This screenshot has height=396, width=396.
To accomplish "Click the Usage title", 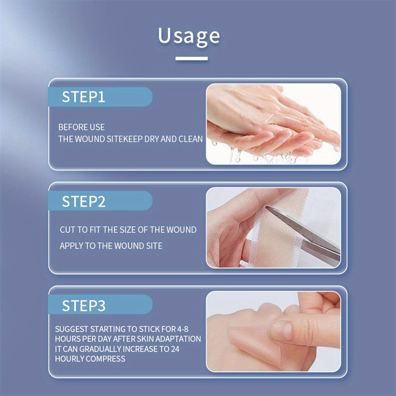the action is [x=189, y=37].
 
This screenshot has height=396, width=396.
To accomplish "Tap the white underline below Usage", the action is [x=191, y=59].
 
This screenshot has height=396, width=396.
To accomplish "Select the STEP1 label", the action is [x=84, y=97].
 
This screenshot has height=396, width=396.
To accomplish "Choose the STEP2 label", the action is [x=84, y=201].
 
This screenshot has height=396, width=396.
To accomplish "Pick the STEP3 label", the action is [x=84, y=306].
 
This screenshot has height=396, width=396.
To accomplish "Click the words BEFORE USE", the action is [x=81, y=127].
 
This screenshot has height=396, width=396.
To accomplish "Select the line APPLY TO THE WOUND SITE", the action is [x=111, y=246].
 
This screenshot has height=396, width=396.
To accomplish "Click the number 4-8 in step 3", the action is [x=183, y=329].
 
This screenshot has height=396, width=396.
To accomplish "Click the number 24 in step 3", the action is [x=175, y=349].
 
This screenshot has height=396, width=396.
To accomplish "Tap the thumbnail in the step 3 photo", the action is [x=281, y=329].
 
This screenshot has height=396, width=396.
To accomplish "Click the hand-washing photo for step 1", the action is [x=273, y=124].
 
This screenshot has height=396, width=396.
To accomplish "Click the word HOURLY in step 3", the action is [x=70, y=359].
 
